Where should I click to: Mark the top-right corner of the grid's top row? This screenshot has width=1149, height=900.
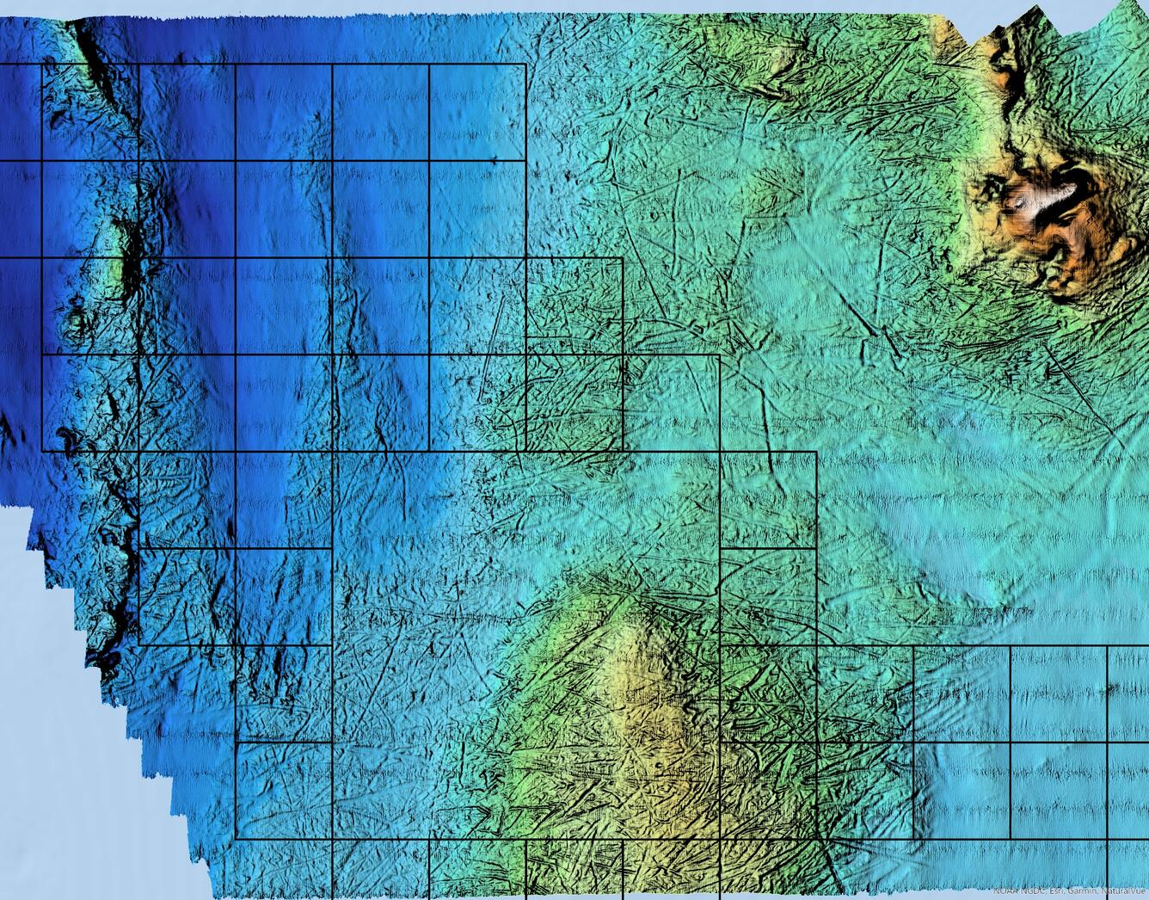pyautogui.click(x=525, y=65)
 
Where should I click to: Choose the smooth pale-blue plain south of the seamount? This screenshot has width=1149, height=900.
pyautogui.click(x=989, y=499)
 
